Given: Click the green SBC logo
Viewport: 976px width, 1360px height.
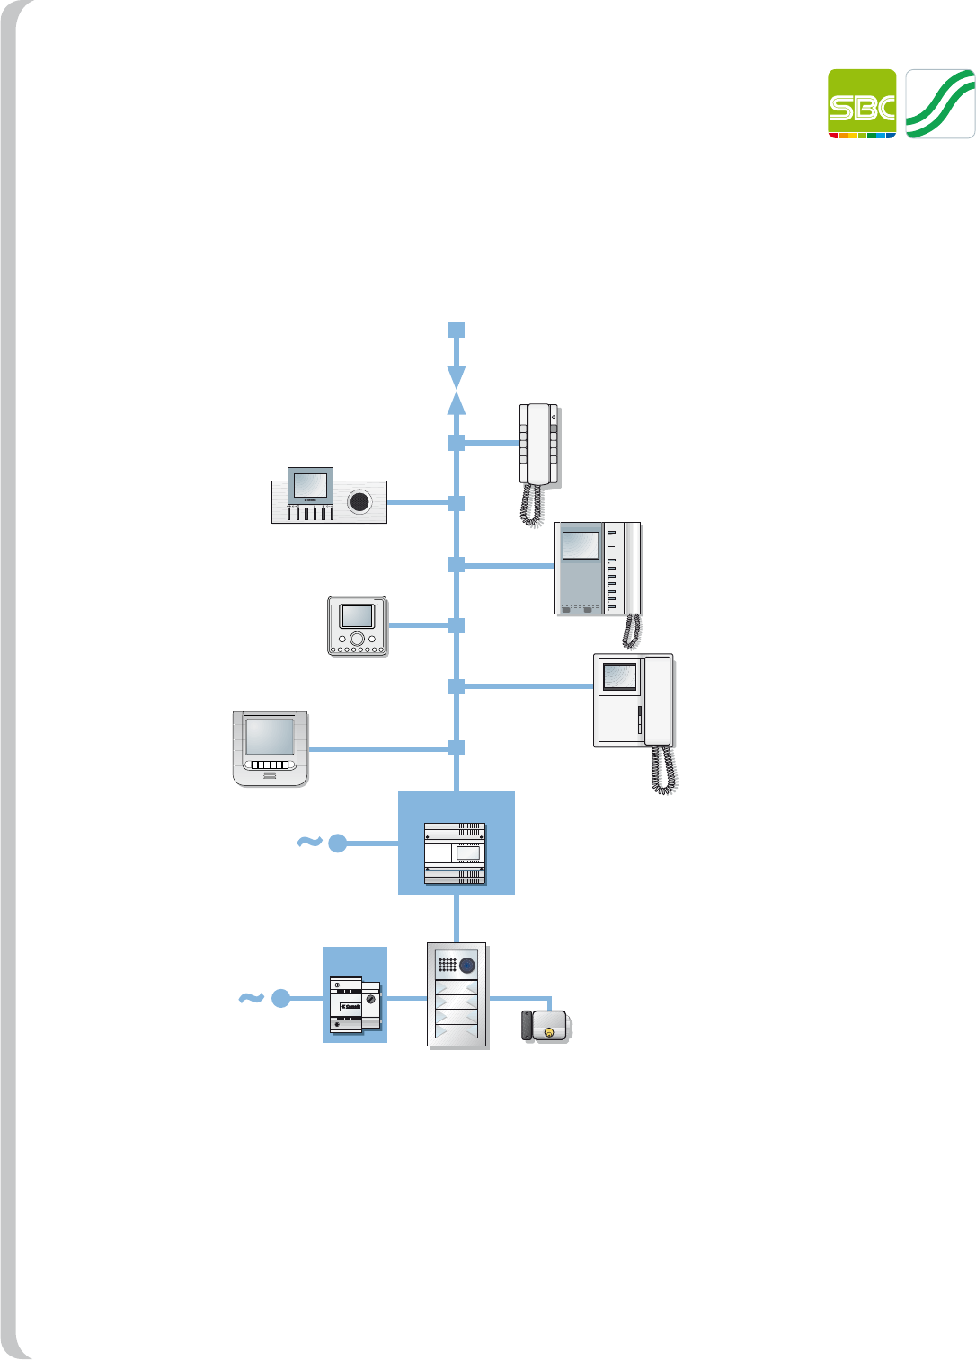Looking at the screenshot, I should coord(861,103).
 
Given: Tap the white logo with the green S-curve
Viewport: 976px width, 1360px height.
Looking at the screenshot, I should coord(940,103).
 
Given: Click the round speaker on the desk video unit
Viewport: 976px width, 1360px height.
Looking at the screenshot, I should coord(359,501).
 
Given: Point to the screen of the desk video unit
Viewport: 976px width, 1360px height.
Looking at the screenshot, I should coord(310,484).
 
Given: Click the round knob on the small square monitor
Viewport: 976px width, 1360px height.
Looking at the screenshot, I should coord(357,639).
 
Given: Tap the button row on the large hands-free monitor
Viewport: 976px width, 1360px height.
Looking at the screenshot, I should coord(270,765).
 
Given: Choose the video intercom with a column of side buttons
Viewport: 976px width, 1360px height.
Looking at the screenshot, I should coord(598,568).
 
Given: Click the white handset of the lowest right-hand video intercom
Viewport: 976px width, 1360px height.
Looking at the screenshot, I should coord(658,701).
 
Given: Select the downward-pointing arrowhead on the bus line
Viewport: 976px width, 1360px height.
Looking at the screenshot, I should coord(457,375).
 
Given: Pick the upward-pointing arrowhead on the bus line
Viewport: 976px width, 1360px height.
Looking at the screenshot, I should coord(457,403).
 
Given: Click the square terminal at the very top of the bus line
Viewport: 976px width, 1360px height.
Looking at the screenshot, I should coord(457,331).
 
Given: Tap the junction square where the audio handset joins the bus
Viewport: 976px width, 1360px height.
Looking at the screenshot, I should coord(457,443).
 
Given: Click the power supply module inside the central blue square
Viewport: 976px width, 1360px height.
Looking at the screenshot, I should coord(455,852).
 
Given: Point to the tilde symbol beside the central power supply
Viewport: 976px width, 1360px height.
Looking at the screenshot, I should coord(309,842).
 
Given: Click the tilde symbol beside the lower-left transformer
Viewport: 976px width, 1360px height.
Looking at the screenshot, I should coord(251,997).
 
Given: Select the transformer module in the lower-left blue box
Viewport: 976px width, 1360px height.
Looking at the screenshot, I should coord(354,1004).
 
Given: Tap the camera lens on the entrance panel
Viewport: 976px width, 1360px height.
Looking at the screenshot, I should coord(467,966).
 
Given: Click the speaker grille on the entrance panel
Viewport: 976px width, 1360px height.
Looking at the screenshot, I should coord(447,966).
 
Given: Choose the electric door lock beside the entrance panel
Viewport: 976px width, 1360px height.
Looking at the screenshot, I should coord(548,1025).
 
